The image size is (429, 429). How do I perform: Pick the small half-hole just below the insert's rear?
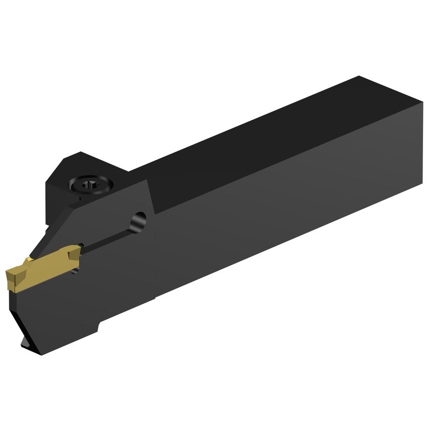(75, 270)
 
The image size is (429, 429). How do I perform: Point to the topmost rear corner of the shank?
(359, 77)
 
